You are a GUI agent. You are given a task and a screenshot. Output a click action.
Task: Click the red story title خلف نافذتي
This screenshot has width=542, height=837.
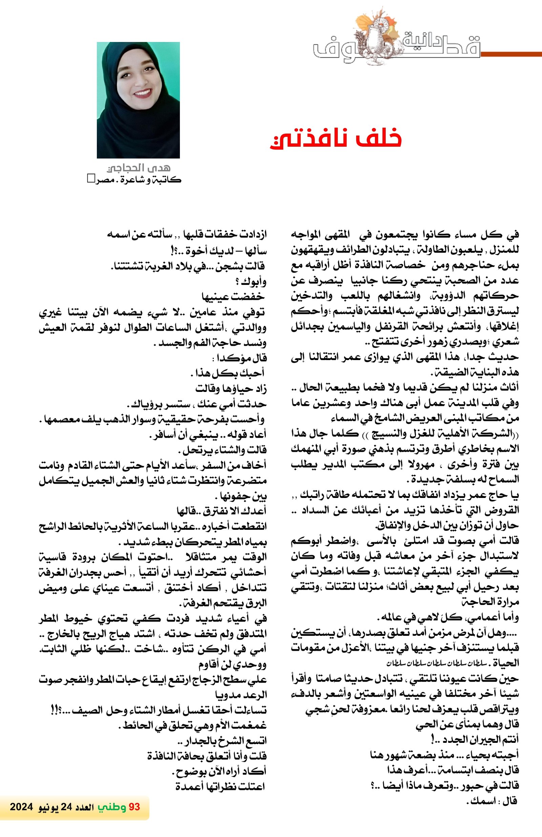point(336,139)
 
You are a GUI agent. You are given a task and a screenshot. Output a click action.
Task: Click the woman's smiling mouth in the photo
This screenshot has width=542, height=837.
point(143,93)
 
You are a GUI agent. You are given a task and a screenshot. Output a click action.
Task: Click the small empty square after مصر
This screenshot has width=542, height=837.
point(91,179)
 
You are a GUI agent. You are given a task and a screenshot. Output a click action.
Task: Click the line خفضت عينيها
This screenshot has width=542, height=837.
point(233,297)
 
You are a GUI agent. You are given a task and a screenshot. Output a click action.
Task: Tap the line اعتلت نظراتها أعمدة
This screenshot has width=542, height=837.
point(220,786)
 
